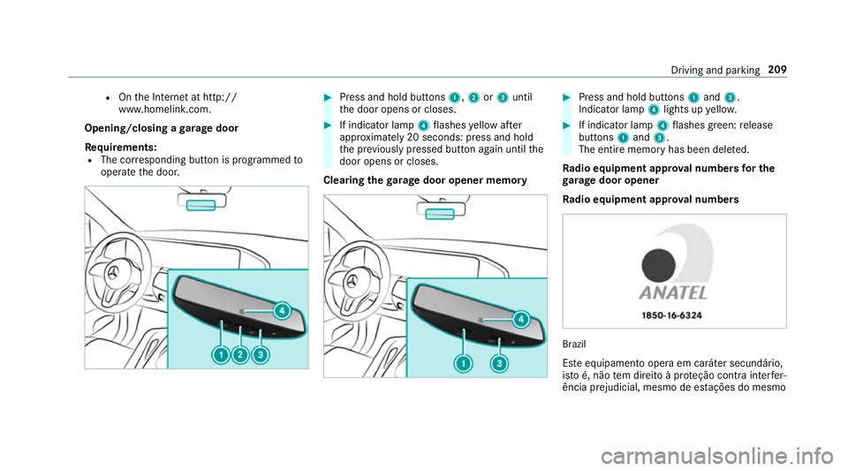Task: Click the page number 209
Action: pyautogui.click(x=777, y=70)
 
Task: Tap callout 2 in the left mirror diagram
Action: pyautogui.click(x=240, y=354)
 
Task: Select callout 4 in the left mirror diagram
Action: pyautogui.click(x=282, y=310)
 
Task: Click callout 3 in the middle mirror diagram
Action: pyautogui.click(x=499, y=363)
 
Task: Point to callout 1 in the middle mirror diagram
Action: pyautogui.click(x=463, y=363)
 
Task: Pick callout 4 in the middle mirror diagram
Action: pyautogui.click(x=521, y=319)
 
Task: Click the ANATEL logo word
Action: pyautogui.click(x=673, y=293)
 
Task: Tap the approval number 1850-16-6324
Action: pyautogui.click(x=671, y=315)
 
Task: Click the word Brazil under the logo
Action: pyautogui.click(x=574, y=344)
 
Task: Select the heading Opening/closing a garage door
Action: pyautogui.click(x=162, y=128)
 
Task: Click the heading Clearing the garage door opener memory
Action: pyautogui.click(x=425, y=180)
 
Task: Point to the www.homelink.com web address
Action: pyautogui.click(x=165, y=110)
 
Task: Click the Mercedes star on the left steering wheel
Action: pyautogui.click(x=112, y=273)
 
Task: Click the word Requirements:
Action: pyautogui.click(x=121, y=147)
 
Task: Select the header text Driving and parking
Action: pyautogui.click(x=715, y=71)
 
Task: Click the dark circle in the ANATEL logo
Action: pyautogui.click(x=658, y=265)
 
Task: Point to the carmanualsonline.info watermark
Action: pyautogui.click(x=717, y=456)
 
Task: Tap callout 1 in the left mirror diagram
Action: pyautogui.click(x=221, y=354)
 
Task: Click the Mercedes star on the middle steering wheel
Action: pyautogui.click(x=352, y=282)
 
